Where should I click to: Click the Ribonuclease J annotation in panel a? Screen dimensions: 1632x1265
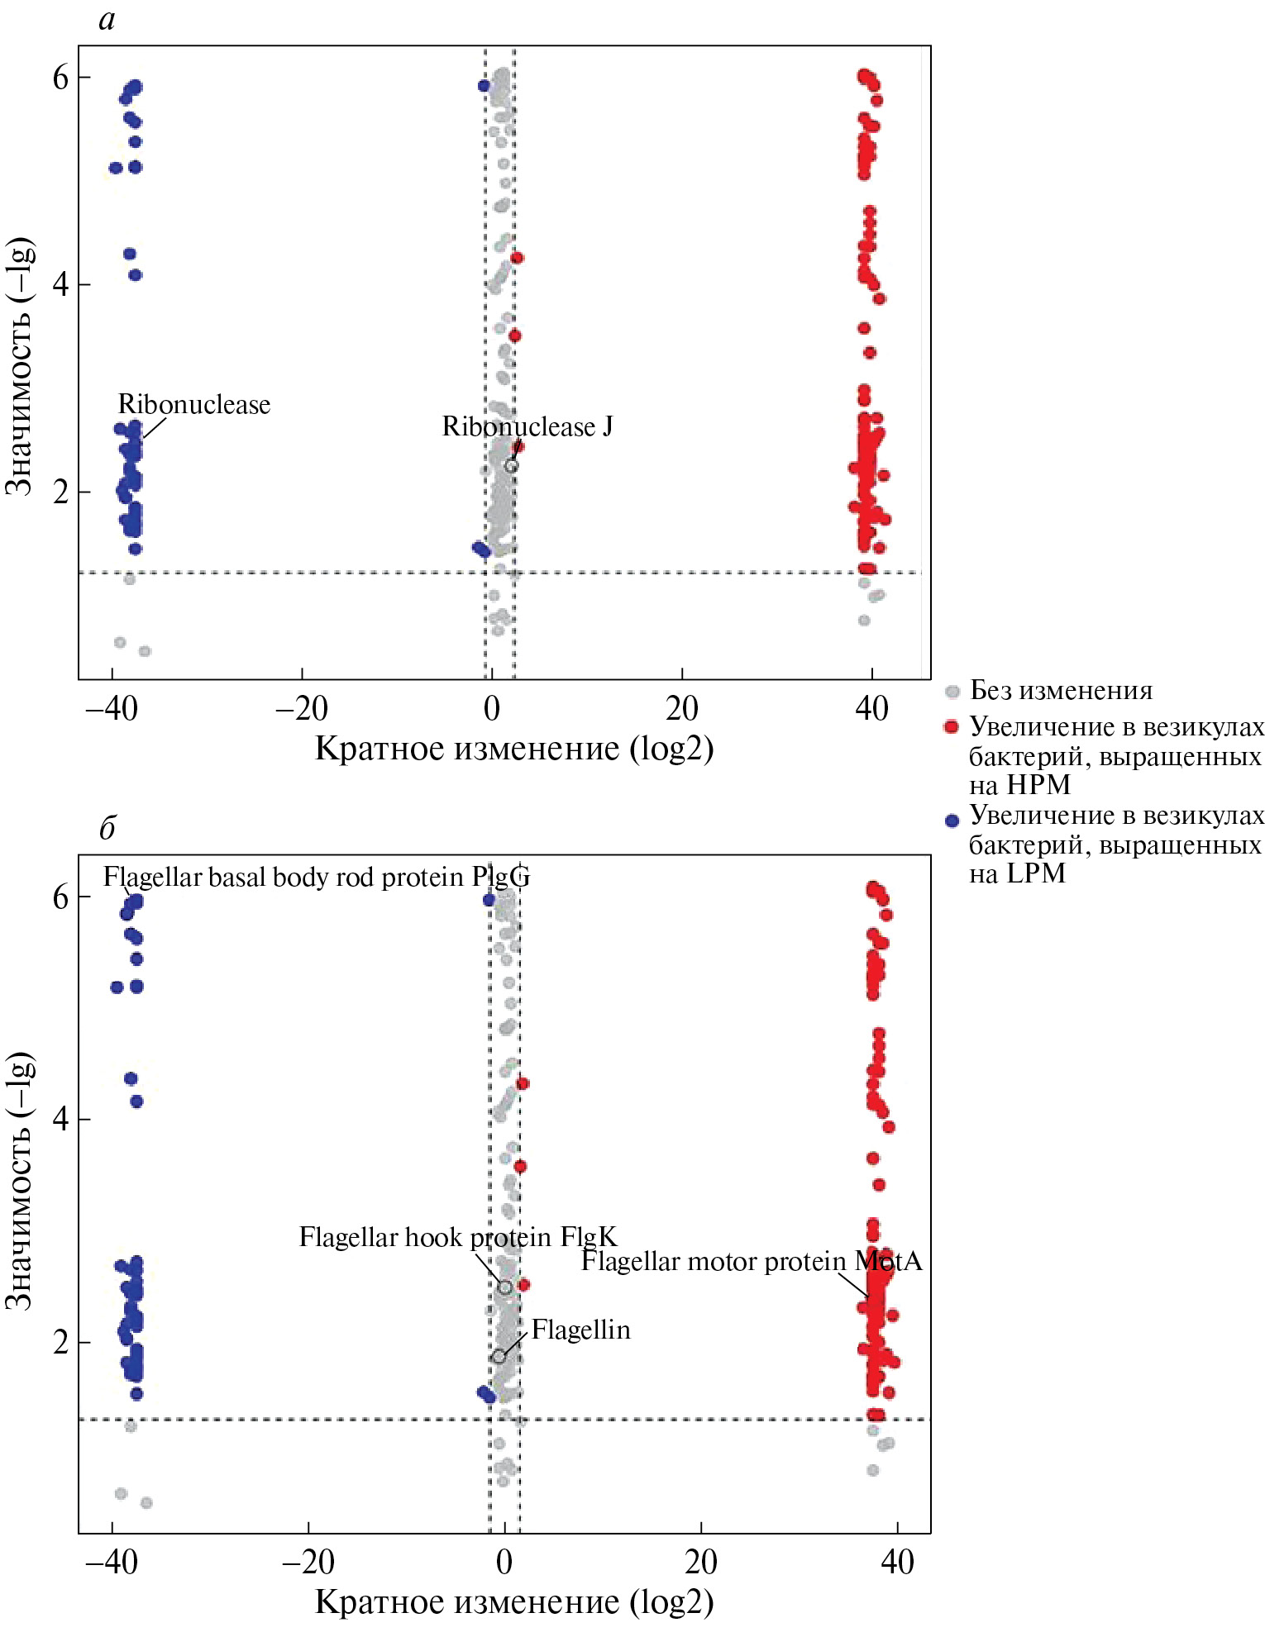[x=527, y=426]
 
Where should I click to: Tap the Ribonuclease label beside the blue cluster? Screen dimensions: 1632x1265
[x=194, y=404]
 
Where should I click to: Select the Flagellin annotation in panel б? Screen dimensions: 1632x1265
[x=580, y=1330]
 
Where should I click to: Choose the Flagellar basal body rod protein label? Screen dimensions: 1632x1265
[x=316, y=877]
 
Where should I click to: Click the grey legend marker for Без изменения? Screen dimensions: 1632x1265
[x=952, y=691]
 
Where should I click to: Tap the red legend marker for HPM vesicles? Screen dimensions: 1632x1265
[x=952, y=727]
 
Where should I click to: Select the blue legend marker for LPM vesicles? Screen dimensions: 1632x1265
[x=952, y=820]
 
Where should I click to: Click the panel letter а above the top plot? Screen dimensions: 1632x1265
[x=107, y=20]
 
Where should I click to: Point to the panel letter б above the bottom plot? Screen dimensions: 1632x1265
[x=107, y=827]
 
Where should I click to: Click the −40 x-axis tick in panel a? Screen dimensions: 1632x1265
[x=111, y=709]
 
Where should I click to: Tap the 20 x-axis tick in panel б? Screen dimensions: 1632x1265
[x=701, y=1562]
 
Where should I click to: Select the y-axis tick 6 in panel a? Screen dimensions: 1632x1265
[x=61, y=78]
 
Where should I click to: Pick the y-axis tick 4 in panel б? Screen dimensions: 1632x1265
[x=61, y=1120]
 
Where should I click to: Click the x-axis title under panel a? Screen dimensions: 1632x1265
[x=514, y=749]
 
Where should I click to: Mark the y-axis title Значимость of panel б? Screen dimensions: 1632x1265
[x=20, y=1181]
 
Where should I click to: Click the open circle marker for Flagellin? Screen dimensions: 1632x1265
[x=499, y=1356]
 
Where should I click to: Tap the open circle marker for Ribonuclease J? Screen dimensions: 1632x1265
[x=511, y=466]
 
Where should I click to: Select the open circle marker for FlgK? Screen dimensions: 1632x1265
[x=505, y=1287]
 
